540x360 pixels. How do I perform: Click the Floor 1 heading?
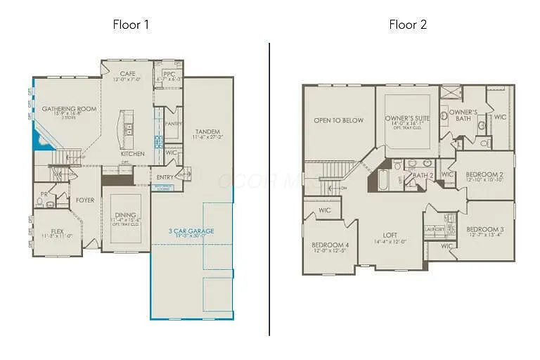[131, 25]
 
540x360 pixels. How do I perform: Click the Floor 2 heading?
[408, 25]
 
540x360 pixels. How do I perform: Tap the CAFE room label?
[127, 73]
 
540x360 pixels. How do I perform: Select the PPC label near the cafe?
[169, 74]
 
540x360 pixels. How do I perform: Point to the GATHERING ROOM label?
[69, 109]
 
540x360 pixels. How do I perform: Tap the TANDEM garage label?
[207, 131]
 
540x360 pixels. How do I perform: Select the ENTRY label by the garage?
[165, 176]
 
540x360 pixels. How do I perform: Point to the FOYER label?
[85, 200]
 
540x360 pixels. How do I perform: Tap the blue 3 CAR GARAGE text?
[191, 231]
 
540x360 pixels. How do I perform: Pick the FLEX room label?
[49, 231]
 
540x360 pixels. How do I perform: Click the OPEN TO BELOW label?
[338, 120]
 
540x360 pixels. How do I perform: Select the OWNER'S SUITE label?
[408, 118]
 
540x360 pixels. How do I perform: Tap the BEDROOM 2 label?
[484, 174]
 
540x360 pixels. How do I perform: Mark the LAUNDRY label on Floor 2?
[435, 229]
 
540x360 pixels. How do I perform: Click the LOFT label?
[390, 236]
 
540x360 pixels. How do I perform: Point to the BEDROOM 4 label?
[330, 245]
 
